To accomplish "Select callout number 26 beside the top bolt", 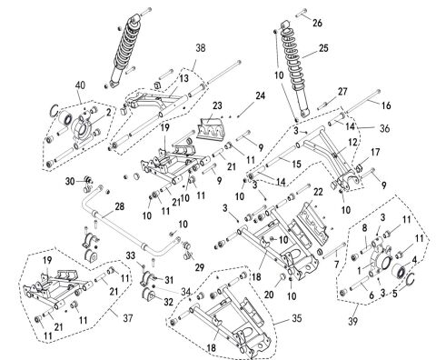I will (x=316, y=22).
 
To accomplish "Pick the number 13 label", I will (x=183, y=79).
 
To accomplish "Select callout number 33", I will (x=130, y=254).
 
